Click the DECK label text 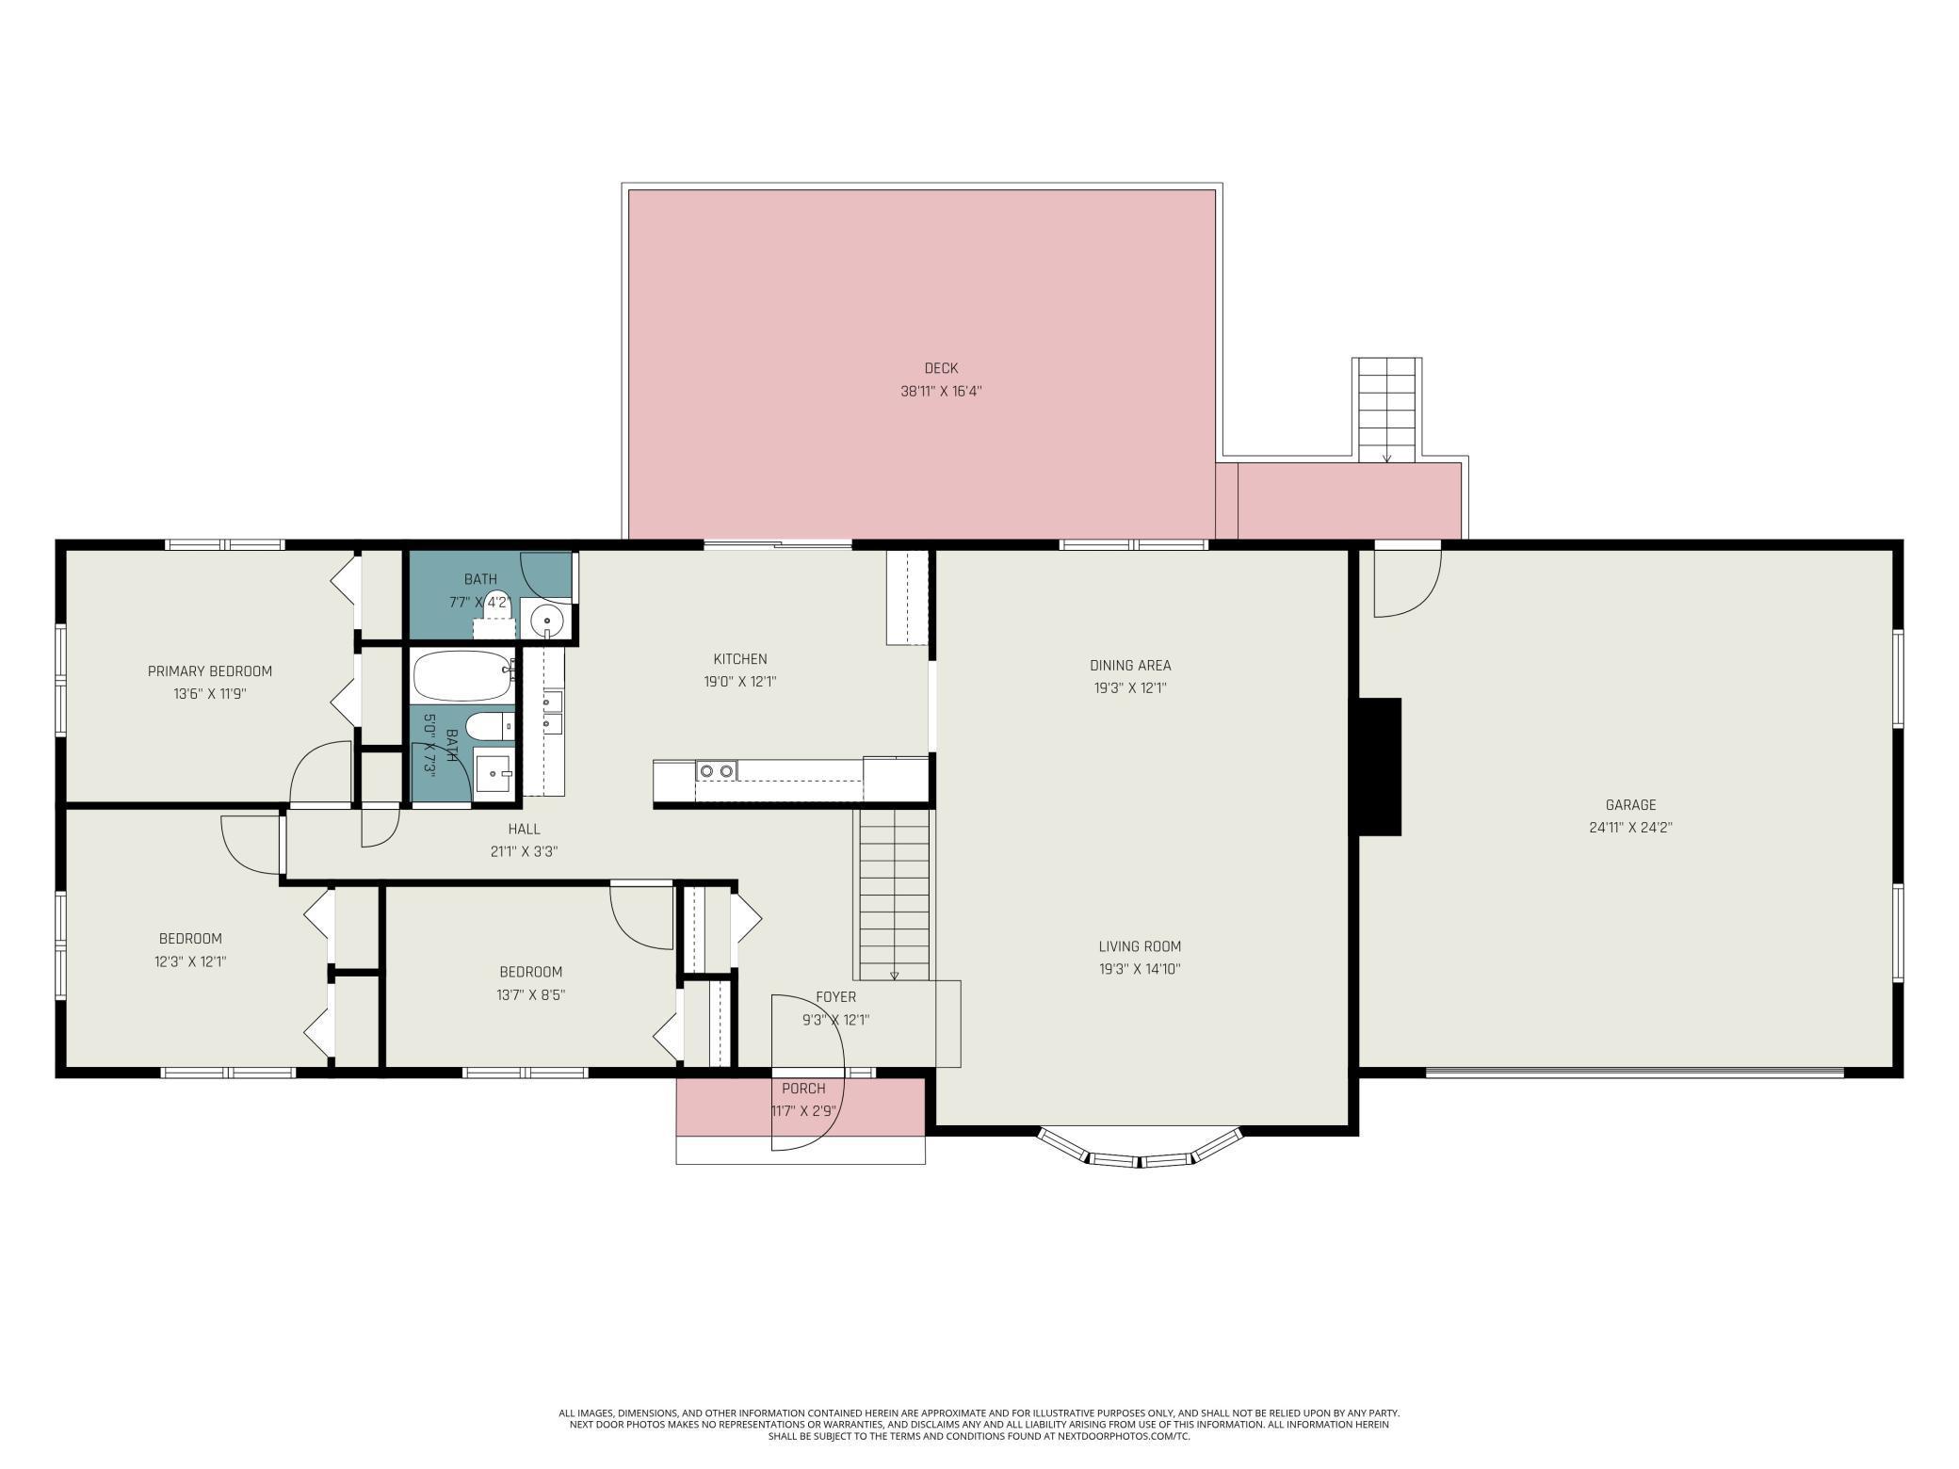941,368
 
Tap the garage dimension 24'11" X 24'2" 1630,828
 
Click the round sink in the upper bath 546,620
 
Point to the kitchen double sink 716,771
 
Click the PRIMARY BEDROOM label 210,671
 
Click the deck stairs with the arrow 1386,410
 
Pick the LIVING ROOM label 1140,946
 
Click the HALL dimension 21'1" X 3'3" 525,851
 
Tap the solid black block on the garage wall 1379,767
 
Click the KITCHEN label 740,659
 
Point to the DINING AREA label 1130,665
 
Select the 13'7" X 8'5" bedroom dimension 531,994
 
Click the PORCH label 803,1089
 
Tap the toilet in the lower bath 491,726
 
